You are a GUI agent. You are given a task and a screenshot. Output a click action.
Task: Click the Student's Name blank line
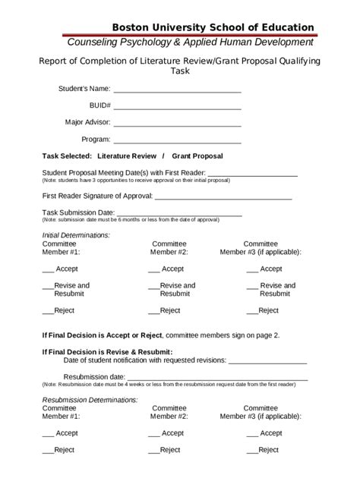click(x=177, y=91)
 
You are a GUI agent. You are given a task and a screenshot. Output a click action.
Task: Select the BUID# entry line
click(x=177, y=108)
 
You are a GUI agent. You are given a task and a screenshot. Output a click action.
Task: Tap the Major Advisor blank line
click(x=177, y=124)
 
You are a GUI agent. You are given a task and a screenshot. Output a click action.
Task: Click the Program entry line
click(x=177, y=142)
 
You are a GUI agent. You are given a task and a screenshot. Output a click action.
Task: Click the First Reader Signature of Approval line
click(x=223, y=197)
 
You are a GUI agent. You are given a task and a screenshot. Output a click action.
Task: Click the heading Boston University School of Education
click(x=213, y=27)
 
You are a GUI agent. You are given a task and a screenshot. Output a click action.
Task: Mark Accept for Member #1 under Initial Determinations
click(x=48, y=270)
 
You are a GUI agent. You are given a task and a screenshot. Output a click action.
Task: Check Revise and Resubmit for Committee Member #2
click(x=153, y=287)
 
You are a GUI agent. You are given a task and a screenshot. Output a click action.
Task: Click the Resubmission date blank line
click(x=216, y=377)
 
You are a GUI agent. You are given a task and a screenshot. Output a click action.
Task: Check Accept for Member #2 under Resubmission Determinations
click(x=153, y=434)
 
